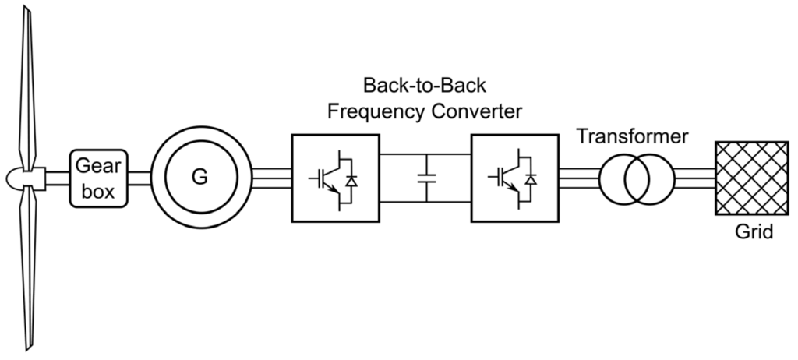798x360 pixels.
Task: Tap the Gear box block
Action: pos(99,178)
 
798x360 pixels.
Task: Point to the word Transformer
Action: pos(632,137)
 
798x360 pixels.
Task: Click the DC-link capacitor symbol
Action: pos(425,178)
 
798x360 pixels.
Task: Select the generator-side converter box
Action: pos(336,178)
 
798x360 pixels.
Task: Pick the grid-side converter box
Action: pos(514,178)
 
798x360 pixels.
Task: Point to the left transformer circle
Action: pos(620,178)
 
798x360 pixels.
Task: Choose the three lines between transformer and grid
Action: pos(694,178)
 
